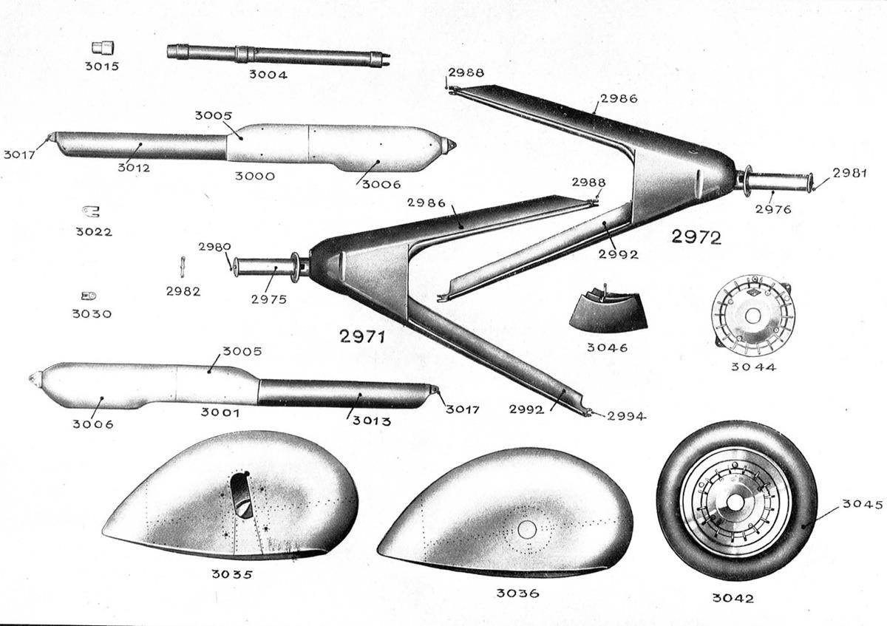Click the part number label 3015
[x=101, y=67]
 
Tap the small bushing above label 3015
[x=101, y=47]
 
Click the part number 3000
[x=254, y=177]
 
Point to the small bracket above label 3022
[x=91, y=212]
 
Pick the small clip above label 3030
[x=89, y=296]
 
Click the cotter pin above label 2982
[x=183, y=264]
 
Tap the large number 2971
[x=362, y=338]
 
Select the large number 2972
[x=696, y=238]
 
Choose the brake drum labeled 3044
[x=752, y=315]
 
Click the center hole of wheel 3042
[x=735, y=502]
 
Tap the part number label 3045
[x=862, y=506]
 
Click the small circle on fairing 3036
[x=526, y=529]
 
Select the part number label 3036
[x=517, y=593]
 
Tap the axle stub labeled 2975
[x=266, y=265]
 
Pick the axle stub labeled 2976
[x=780, y=181]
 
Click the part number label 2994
[x=626, y=417]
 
